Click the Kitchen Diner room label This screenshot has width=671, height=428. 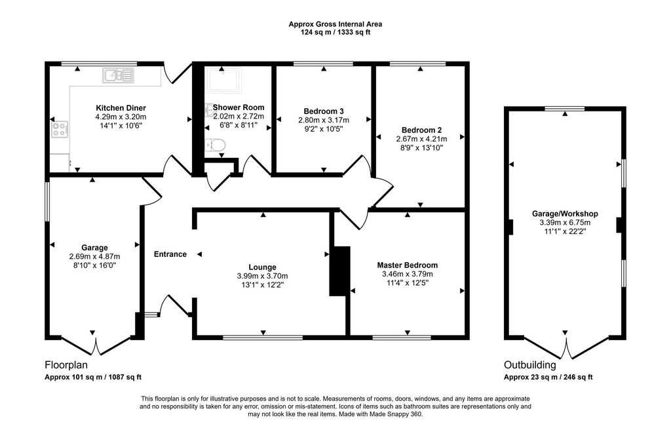point(121,108)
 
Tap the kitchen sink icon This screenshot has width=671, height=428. point(118,75)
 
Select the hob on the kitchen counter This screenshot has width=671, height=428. point(60,129)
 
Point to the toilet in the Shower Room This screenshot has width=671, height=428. point(215,145)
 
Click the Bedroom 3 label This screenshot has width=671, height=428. point(324,111)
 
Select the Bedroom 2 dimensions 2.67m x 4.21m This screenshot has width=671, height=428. point(421,139)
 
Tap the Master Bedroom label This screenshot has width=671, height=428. point(407,265)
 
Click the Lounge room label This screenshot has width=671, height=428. point(262,266)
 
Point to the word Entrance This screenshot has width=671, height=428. point(170,254)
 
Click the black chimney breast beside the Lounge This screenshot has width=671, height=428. point(339,271)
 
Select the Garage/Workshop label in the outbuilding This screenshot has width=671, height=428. point(565,214)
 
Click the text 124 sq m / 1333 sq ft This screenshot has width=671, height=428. point(335,32)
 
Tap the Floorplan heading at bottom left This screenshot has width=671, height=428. point(66,365)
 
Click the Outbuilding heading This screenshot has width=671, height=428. point(529,365)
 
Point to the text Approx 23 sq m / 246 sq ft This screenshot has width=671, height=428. point(548,377)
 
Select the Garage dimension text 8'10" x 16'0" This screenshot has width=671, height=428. point(94,265)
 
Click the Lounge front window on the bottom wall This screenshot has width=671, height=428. point(262,338)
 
